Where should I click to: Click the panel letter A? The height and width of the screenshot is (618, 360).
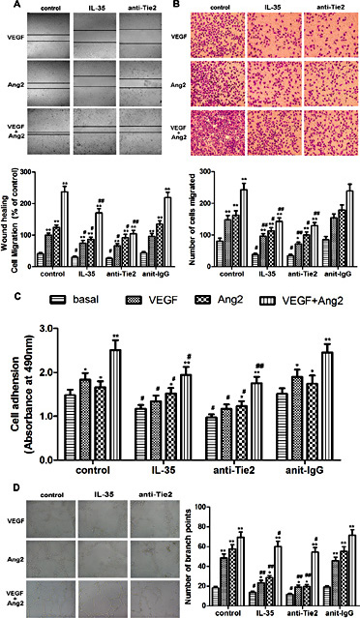coord(6,6)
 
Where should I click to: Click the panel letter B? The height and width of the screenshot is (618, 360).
coord(184,6)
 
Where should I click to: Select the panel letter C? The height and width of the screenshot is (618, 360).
coord(6,300)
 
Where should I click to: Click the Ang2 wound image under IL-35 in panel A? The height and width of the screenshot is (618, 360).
coord(97,86)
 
